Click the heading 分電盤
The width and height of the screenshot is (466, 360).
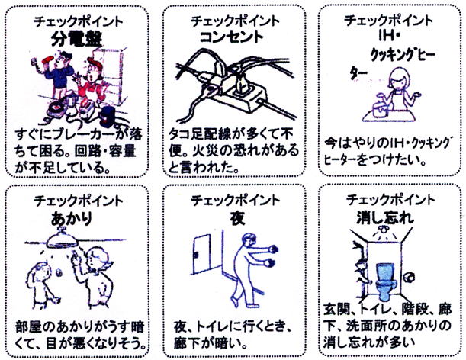point(77,39)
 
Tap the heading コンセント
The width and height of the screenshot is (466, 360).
point(232,37)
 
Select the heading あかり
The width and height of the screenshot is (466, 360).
point(72,219)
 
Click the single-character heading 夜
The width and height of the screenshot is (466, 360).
point(237,218)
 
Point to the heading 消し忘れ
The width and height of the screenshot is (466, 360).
point(385,217)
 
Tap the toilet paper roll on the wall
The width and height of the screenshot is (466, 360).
point(410,277)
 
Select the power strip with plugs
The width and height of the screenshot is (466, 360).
point(239,94)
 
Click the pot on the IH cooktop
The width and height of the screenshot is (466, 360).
point(381,107)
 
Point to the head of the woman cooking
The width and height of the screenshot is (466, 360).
point(399,79)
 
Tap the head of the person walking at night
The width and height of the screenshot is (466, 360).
point(249,241)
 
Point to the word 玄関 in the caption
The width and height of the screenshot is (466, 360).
point(336,309)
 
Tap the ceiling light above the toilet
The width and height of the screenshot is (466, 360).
point(383,230)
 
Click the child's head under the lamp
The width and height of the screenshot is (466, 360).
point(41,272)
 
